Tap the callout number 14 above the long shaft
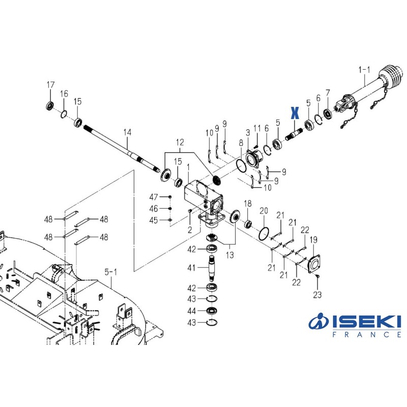(x=127, y=132)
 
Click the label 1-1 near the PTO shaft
(x=365, y=69)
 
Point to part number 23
(x=317, y=295)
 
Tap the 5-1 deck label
(x=110, y=273)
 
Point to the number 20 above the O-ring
(x=264, y=211)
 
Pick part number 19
(x=313, y=240)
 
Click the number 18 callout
(x=248, y=203)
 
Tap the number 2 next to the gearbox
(x=189, y=230)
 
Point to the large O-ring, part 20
(x=263, y=233)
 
